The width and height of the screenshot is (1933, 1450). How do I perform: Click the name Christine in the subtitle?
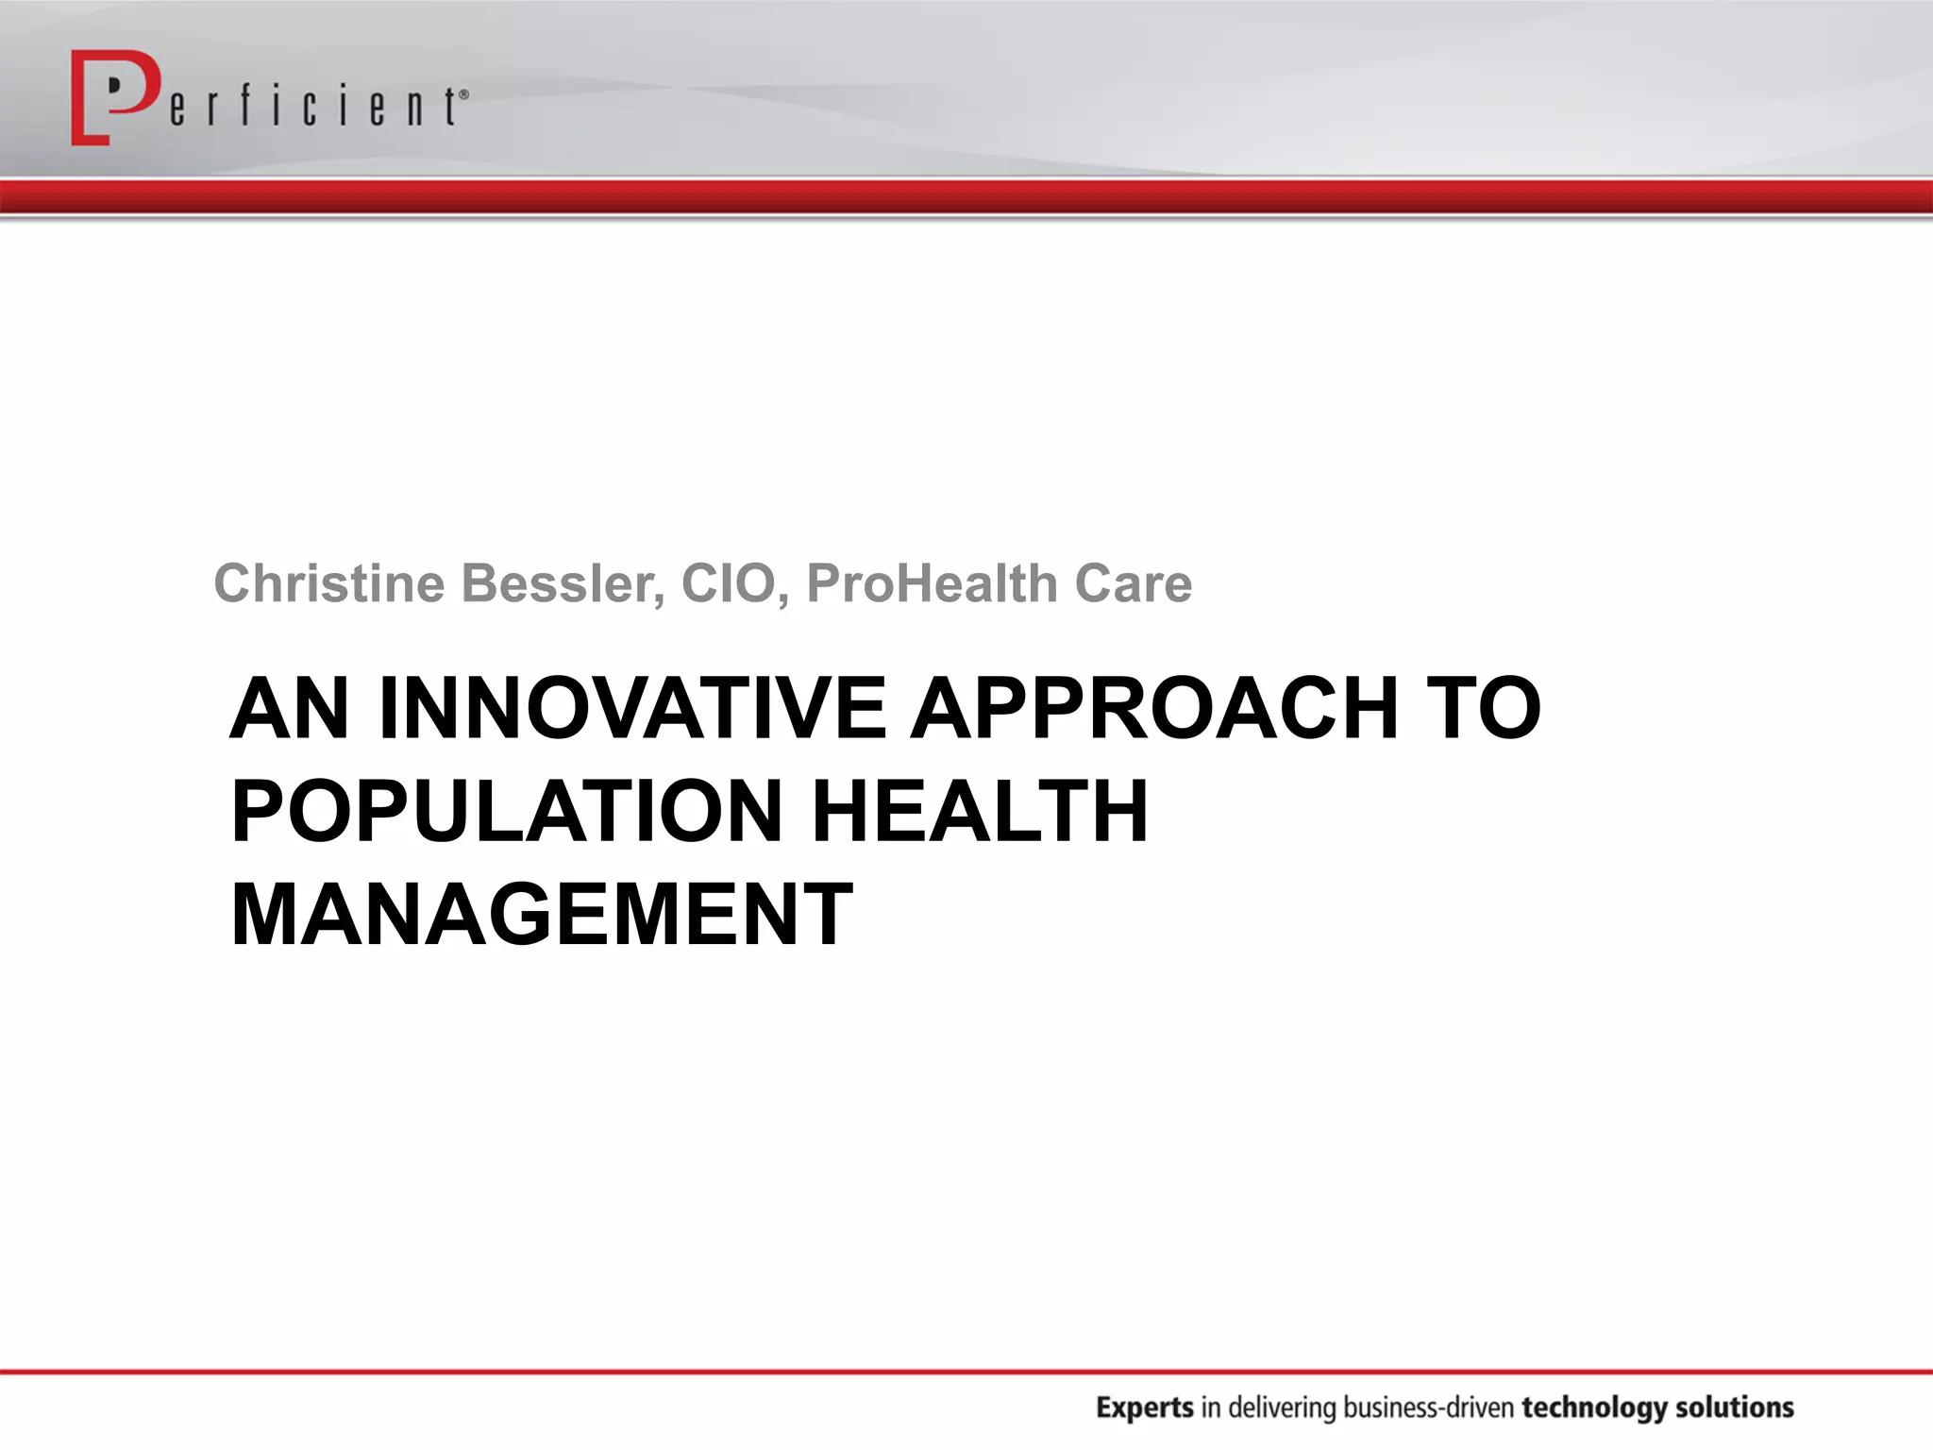[x=328, y=583]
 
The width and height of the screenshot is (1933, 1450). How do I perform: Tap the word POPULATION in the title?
[x=507, y=811]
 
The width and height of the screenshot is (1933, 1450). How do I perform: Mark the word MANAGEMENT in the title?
[x=542, y=914]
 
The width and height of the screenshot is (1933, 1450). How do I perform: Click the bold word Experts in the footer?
[x=1144, y=1408]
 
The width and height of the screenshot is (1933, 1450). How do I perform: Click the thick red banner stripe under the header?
[x=966, y=196]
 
